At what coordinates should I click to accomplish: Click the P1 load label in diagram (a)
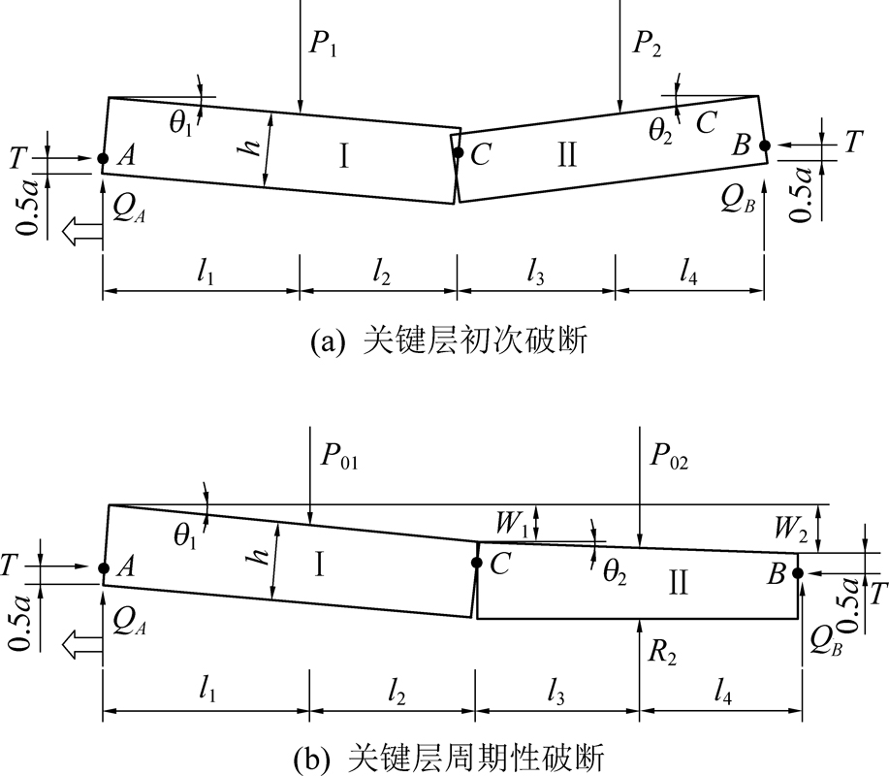click(324, 43)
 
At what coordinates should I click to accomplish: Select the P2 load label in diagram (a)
click(648, 43)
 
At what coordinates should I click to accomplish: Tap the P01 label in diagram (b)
click(339, 456)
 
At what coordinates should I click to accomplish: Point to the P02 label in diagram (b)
click(670, 456)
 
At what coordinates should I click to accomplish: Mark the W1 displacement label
click(512, 523)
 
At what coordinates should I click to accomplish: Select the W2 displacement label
click(791, 528)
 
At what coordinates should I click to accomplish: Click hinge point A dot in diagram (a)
click(103, 158)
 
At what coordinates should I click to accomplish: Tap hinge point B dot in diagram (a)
click(764, 145)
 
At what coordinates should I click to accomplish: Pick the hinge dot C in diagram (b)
click(477, 563)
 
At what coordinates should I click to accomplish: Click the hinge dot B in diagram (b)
click(798, 573)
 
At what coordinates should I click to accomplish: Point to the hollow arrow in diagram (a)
click(82, 233)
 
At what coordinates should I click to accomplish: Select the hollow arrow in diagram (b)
click(82, 646)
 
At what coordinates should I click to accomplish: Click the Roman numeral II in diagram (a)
click(567, 154)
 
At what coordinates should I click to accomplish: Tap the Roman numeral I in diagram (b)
click(319, 565)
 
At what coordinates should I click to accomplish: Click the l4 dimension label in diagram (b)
click(722, 692)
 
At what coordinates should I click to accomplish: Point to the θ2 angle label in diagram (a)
click(660, 132)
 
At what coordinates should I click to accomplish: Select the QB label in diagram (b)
click(826, 641)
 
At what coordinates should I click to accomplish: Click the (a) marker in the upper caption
click(327, 341)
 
